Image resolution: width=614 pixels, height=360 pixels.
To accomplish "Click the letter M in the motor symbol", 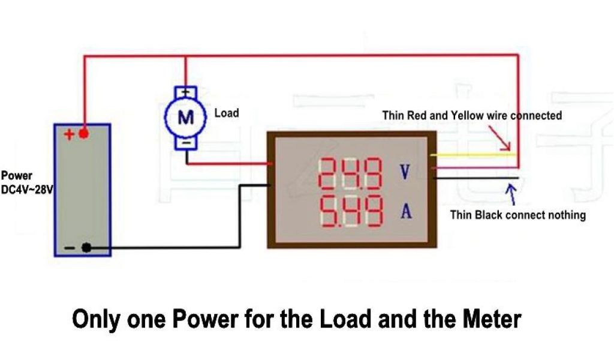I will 186,118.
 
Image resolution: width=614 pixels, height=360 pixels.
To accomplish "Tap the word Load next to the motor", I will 226,113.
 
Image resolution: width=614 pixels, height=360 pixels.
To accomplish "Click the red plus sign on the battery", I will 70,134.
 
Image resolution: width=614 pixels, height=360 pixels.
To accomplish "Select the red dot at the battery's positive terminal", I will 84,133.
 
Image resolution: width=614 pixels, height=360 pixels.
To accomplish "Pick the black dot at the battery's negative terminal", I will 86,247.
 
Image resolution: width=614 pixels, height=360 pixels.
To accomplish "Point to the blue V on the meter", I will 405,173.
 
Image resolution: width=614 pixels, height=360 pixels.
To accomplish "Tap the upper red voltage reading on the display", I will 351,173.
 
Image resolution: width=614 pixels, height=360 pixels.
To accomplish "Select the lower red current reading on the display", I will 351,211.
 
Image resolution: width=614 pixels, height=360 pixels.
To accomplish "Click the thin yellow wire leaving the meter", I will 474,154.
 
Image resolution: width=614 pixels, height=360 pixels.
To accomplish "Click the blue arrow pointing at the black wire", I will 511,193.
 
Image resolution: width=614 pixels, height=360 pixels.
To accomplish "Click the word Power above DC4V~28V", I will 16,176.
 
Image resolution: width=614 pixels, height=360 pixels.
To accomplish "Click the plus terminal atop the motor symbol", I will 186,92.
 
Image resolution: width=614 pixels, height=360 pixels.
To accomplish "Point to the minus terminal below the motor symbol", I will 186,143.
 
